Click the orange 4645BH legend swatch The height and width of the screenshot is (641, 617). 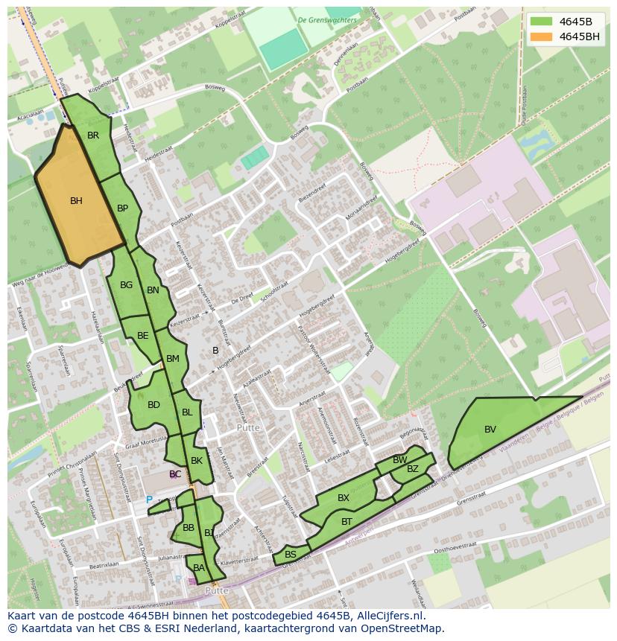(x=541, y=36)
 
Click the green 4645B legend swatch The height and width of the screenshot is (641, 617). (x=541, y=21)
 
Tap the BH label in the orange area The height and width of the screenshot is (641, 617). (x=76, y=201)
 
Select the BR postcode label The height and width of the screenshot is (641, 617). (x=93, y=135)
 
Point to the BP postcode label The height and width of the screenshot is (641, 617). (x=123, y=208)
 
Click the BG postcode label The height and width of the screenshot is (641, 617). (x=126, y=285)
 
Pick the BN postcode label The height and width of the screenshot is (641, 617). (x=153, y=290)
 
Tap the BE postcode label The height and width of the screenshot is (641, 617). (x=143, y=336)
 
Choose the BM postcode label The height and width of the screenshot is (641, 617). (x=173, y=359)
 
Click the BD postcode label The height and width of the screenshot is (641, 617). (x=154, y=405)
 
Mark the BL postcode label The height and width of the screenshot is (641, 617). (x=187, y=412)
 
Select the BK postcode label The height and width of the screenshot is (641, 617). (x=197, y=461)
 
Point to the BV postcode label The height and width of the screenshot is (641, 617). (x=490, y=430)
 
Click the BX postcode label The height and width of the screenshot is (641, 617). (x=344, y=498)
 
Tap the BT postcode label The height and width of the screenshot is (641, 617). (x=347, y=522)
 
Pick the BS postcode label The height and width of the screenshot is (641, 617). (x=291, y=555)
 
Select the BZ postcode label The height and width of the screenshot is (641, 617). (x=413, y=469)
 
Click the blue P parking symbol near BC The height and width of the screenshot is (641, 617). (x=149, y=500)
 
